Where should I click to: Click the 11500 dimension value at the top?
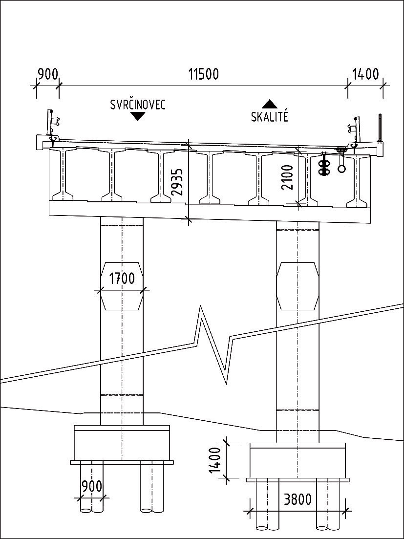[203, 74]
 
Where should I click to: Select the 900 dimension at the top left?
[47, 74]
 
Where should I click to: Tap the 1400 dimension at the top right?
[365, 74]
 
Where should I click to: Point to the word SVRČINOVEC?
[138, 105]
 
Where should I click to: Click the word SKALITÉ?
[270, 117]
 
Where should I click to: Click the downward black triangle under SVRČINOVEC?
[138, 116]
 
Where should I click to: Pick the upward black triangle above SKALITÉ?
[270, 104]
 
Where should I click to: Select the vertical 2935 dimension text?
[179, 182]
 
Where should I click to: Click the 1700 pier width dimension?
[122, 279]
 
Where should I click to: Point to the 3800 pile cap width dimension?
[297, 499]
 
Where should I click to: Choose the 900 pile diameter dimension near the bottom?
[92, 487]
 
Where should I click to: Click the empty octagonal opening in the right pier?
[297, 286]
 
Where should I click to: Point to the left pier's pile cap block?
[122, 443]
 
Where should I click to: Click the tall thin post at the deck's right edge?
[379, 126]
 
